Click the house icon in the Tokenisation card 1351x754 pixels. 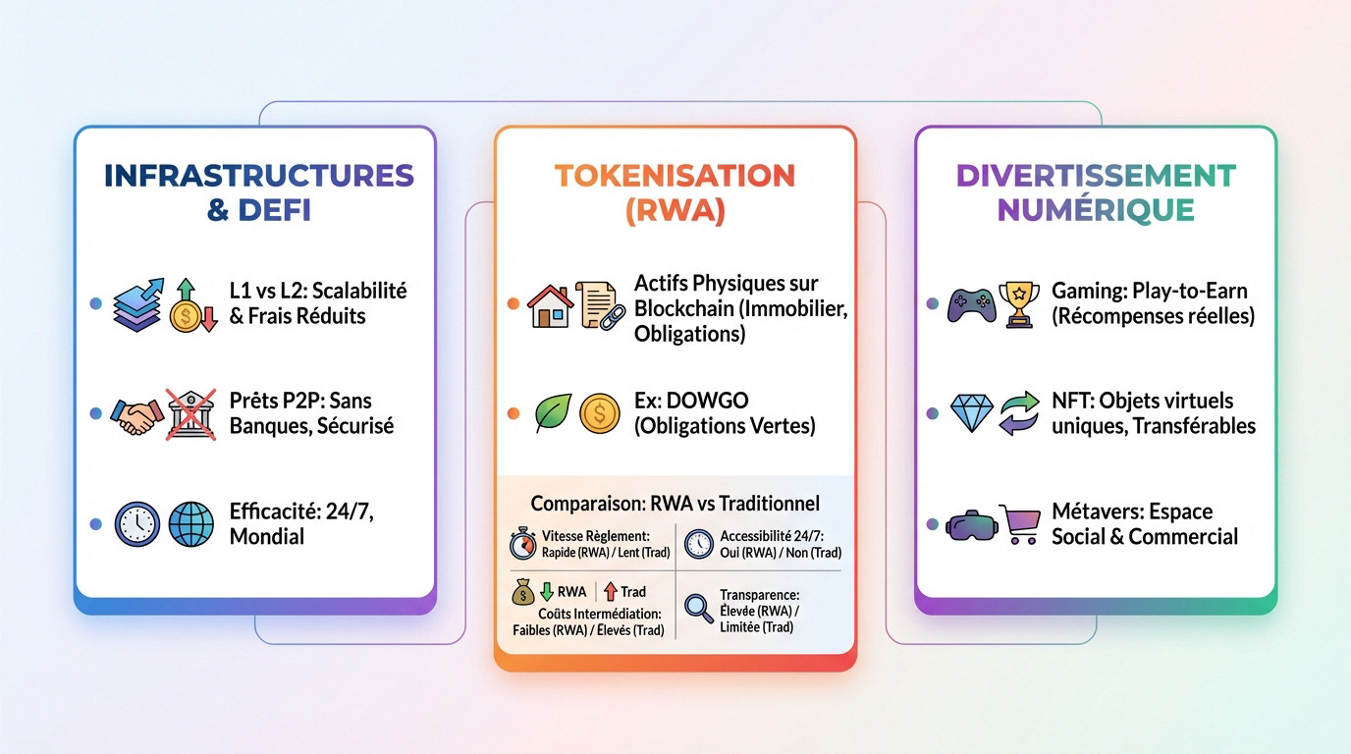tap(551, 305)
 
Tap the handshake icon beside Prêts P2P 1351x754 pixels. tap(135, 415)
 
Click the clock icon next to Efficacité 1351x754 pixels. tap(136, 524)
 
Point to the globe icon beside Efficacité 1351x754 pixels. tap(189, 524)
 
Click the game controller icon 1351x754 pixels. tap(971, 304)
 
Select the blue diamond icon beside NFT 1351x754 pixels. tap(972, 414)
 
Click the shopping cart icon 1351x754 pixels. tap(1021, 524)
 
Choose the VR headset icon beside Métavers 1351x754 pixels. tap(971, 526)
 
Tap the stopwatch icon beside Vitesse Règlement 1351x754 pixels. tap(523, 544)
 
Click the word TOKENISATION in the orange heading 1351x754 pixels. tap(675, 177)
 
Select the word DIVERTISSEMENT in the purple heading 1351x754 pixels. tap(1095, 177)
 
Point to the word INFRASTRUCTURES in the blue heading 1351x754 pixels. tap(258, 177)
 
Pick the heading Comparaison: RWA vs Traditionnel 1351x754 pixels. tap(675, 504)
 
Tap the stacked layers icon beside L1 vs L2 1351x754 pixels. tap(137, 304)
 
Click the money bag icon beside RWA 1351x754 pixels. tap(521, 592)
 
